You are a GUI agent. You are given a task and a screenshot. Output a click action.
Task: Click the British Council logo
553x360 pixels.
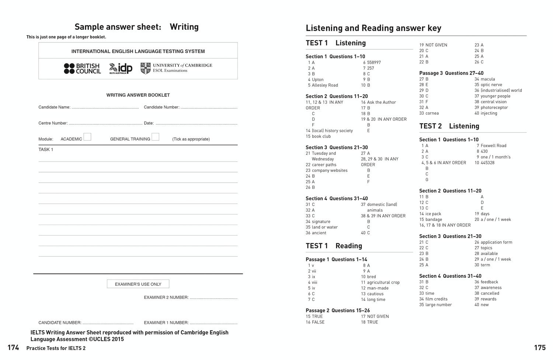pyautogui.click(x=82, y=69)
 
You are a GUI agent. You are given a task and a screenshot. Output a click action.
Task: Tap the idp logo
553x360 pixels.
pyautogui.click(x=121, y=69)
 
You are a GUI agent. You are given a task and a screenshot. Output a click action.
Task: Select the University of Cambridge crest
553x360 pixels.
pyautogui.click(x=145, y=68)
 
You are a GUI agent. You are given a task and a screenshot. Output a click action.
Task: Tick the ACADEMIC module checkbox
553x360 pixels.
pyautogui.click(x=87, y=137)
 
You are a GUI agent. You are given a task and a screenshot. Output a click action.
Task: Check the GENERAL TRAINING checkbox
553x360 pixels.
pyautogui.click(x=155, y=137)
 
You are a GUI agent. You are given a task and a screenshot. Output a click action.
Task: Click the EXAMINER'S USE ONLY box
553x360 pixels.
pyautogui.click(x=138, y=284)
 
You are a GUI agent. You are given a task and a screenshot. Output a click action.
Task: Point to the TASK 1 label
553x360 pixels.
pyautogui.click(x=46, y=149)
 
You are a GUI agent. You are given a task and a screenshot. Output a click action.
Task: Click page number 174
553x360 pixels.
pyautogui.click(x=13, y=347)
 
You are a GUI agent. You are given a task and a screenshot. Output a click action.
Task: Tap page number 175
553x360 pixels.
pyautogui.click(x=540, y=347)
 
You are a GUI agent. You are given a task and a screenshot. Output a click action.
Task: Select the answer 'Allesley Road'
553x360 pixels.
pyautogui.click(x=325, y=85)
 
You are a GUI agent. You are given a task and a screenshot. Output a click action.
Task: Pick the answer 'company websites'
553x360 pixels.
pyautogui.click(x=330, y=170)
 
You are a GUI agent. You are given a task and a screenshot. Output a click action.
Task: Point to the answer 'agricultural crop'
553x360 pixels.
pyautogui.click(x=383, y=283)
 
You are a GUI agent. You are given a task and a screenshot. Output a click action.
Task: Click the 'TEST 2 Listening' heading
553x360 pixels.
pyautogui.click(x=449, y=126)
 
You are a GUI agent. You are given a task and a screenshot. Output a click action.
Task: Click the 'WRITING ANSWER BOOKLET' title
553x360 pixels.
pyautogui.click(x=138, y=95)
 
